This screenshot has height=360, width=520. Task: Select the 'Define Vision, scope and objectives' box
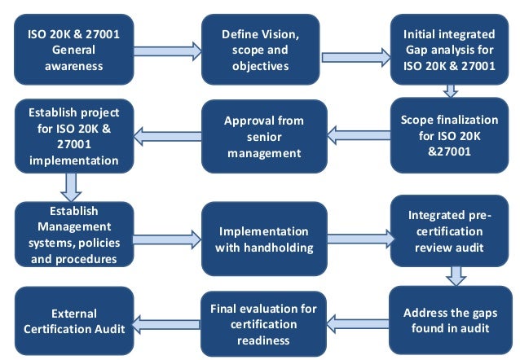261,49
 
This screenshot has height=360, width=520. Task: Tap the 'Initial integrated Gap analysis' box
448,49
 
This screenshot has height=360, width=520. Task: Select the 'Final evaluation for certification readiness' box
263,324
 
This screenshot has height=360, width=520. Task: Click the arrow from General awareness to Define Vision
167,50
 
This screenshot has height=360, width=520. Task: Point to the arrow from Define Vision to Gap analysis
355,57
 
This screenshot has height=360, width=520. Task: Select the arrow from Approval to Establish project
168,136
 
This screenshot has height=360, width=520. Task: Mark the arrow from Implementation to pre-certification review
357,238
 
